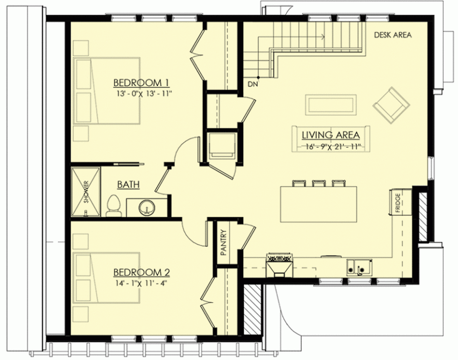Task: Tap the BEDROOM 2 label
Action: click(142, 272)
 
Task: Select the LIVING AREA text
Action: click(330, 135)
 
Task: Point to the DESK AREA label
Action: click(392, 35)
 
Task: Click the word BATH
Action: click(128, 185)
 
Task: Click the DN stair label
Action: click(253, 85)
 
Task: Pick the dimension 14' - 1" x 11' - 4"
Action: click(142, 283)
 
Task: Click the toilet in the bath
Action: click(113, 206)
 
